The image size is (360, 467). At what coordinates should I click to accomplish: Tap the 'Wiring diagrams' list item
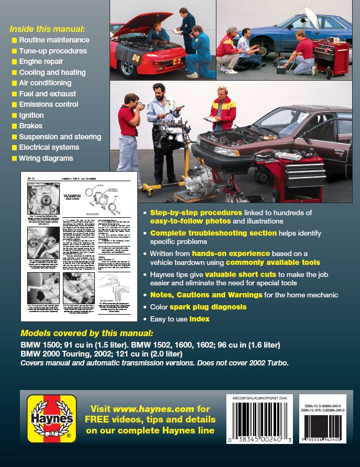point(46,158)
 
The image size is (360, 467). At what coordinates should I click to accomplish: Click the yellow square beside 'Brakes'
point(14,126)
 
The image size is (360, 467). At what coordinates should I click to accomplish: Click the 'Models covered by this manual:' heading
point(87,333)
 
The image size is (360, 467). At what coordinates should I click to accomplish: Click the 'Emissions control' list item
point(48,105)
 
